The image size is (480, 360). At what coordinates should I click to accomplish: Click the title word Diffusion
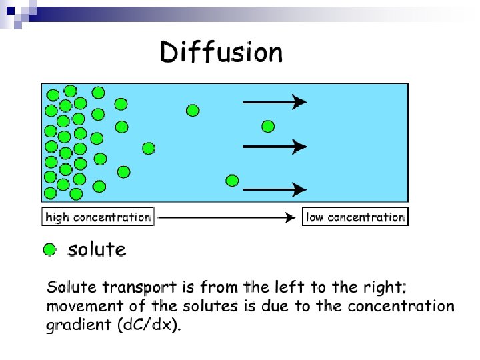(x=221, y=52)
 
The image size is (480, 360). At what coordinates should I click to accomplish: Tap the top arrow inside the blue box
(x=274, y=102)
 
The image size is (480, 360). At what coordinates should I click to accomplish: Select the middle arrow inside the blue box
(x=274, y=146)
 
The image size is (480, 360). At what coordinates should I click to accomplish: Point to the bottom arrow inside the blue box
(x=274, y=190)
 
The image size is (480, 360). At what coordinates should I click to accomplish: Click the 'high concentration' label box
(x=98, y=217)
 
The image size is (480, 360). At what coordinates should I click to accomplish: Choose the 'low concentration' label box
(x=355, y=217)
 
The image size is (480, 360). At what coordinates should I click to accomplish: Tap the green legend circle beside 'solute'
(x=49, y=250)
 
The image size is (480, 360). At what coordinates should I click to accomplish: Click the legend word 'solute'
(x=97, y=250)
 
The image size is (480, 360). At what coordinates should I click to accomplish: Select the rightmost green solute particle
(x=268, y=126)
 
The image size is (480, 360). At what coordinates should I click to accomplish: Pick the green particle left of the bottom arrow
(x=232, y=180)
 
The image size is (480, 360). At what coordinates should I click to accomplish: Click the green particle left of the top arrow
(x=193, y=110)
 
